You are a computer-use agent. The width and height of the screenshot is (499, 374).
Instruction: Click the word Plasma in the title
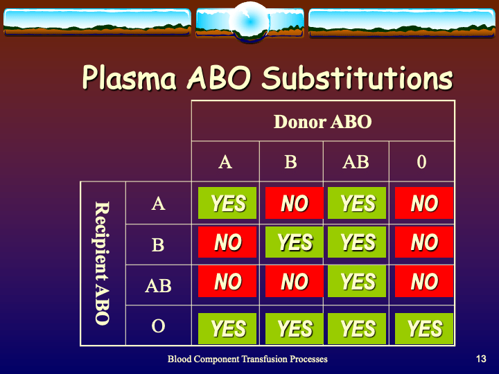coord(129,78)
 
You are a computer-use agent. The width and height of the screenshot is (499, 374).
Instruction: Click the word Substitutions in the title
coord(357,78)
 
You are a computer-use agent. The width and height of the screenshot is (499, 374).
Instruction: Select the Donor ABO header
coord(323,122)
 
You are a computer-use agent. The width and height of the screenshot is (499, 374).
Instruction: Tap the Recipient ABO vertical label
coord(102,263)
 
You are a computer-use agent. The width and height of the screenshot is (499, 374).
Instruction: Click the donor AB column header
coord(356,162)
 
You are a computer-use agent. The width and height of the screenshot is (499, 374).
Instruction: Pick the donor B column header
coord(291,162)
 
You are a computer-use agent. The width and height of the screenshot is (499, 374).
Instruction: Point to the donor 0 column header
coord(421,162)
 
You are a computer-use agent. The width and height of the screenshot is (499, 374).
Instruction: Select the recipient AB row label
coord(158,285)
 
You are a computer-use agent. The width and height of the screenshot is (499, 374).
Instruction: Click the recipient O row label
coord(158,326)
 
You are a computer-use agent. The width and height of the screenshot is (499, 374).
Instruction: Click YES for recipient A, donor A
coord(228,203)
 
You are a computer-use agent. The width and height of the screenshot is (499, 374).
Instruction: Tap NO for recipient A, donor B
coord(294,203)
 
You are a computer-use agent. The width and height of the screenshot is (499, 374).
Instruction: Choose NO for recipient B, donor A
coord(228,242)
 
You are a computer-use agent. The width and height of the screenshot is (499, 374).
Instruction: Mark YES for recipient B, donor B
coord(294,242)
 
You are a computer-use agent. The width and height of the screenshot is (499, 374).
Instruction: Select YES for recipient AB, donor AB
coord(358,282)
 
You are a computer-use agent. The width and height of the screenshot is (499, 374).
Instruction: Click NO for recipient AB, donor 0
coord(424,282)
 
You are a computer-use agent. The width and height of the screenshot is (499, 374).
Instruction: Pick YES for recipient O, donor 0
coord(424,328)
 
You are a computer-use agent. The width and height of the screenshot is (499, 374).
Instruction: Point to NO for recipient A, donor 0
coord(424,203)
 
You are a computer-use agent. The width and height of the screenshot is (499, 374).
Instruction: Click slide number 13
coord(481,359)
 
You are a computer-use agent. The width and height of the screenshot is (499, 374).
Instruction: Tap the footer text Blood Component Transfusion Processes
coord(247,359)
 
